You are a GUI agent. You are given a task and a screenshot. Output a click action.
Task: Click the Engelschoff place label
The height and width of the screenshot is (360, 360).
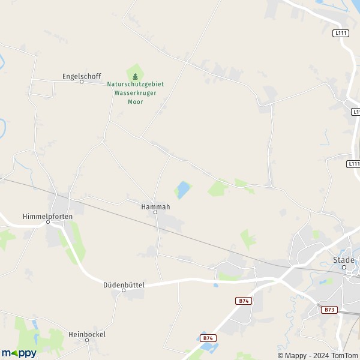point(81,76)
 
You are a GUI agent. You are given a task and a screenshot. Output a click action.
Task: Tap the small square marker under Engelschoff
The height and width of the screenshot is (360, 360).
point(82,82)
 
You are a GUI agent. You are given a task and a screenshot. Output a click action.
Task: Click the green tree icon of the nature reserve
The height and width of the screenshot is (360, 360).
point(135,76)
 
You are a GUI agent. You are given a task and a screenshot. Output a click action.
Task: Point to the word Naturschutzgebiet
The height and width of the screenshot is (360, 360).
point(135,85)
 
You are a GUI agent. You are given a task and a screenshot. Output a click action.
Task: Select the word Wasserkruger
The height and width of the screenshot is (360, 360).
point(135,93)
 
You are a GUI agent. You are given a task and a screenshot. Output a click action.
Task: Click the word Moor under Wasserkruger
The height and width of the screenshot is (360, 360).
point(135,101)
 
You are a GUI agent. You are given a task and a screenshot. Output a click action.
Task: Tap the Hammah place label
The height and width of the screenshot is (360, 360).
point(155,206)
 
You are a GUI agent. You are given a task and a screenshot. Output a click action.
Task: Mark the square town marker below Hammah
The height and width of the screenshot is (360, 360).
point(155,212)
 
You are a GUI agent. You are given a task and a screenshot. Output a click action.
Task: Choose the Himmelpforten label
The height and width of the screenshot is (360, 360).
point(47,216)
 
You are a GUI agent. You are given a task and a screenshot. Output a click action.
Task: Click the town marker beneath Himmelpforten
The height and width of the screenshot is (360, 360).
point(47,222)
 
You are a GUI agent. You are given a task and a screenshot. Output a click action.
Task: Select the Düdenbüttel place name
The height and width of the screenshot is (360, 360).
point(124,285)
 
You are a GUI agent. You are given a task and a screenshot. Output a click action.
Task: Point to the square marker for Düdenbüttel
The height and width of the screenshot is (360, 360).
point(124,291)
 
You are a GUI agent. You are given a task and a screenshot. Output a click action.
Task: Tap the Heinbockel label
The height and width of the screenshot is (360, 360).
point(86,334)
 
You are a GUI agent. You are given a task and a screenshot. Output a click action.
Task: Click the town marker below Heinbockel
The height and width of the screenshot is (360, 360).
point(86,340)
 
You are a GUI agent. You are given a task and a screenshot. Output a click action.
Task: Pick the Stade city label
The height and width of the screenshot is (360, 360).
point(344,260)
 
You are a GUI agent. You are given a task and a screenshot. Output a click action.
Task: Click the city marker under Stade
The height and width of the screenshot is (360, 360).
point(344,267)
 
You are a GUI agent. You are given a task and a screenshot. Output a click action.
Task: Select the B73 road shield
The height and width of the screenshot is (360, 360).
point(328,310)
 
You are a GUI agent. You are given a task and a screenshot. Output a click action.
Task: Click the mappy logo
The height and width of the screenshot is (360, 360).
point(19,353)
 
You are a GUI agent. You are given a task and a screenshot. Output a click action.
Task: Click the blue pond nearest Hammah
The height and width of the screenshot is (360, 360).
point(182,190)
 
